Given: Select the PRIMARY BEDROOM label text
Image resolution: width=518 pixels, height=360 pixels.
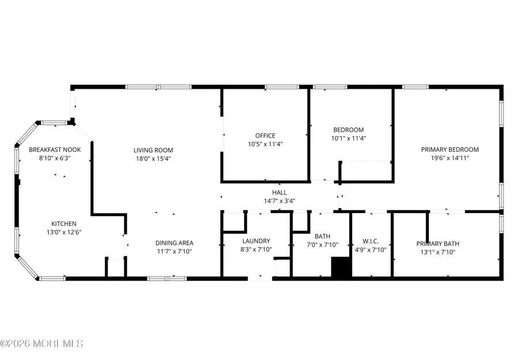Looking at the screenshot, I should point(450,150).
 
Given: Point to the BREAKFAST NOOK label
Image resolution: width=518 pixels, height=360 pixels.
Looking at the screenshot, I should point(55,150).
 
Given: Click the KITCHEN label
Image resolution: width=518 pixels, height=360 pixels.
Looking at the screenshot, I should point(63,223).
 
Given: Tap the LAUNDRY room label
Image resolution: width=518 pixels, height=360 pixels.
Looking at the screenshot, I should point(256,241).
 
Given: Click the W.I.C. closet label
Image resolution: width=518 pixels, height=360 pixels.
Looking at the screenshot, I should point(371,241).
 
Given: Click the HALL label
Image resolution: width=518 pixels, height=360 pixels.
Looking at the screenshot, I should point(279,193).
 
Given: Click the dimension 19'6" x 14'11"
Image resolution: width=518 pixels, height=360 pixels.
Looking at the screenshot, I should point(450,158).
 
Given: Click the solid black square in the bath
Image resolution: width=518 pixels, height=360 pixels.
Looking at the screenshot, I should point(340,268).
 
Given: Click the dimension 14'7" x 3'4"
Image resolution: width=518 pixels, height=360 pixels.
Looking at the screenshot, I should point(279,201).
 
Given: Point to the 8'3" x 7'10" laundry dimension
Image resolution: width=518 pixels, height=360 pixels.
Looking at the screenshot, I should point(256,249).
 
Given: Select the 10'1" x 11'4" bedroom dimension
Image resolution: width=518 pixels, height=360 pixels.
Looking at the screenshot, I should point(349,138).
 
